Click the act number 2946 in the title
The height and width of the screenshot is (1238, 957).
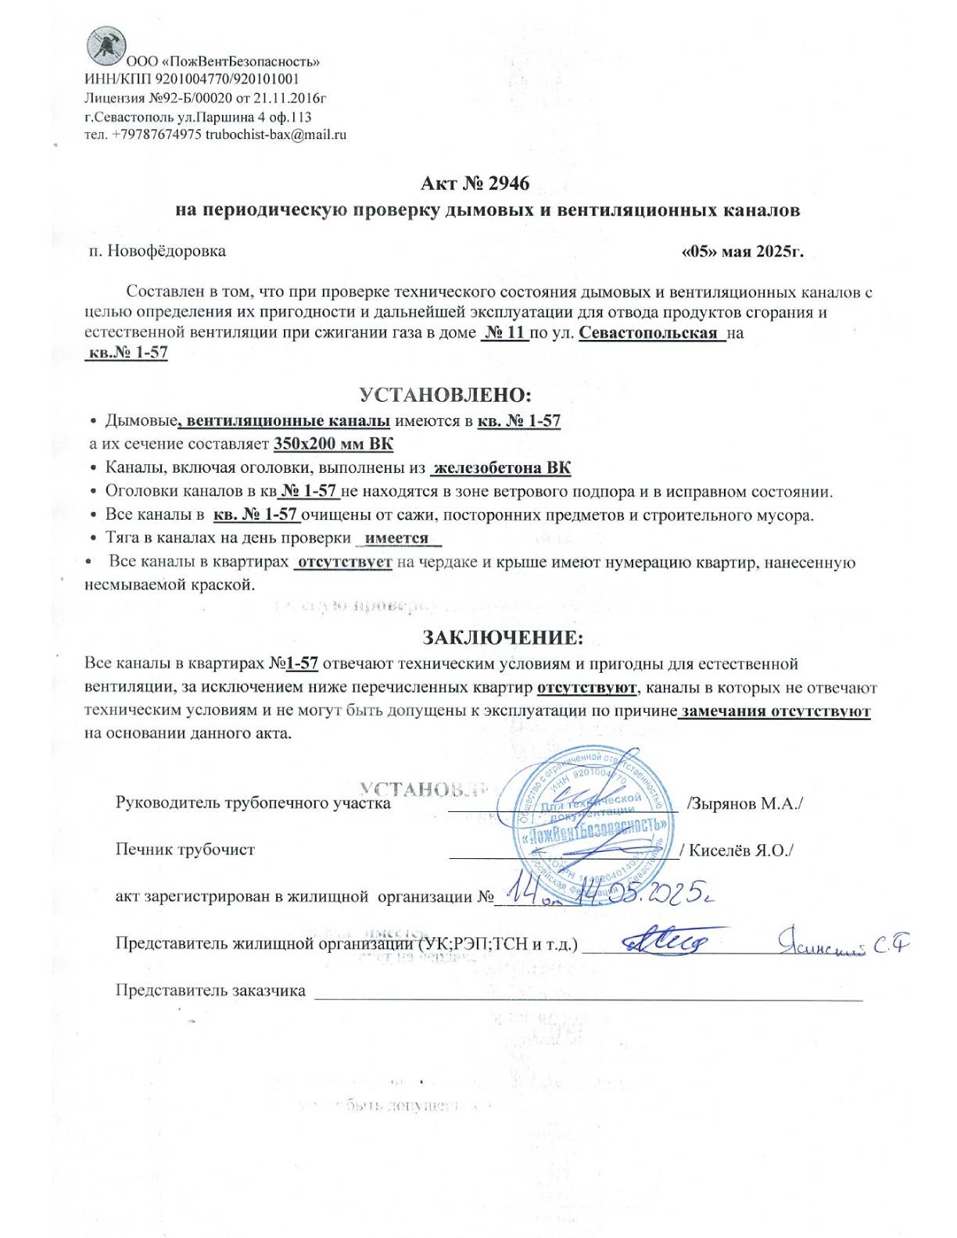pos(508,184)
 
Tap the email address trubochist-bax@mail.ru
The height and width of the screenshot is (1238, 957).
pos(276,134)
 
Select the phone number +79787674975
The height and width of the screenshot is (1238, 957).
pos(156,134)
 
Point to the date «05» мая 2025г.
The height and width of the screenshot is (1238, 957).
pos(742,252)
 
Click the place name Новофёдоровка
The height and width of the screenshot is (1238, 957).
pos(166,251)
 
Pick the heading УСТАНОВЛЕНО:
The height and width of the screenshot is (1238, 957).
pos(445,394)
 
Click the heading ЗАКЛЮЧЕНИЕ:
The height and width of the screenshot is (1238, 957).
pos(502,638)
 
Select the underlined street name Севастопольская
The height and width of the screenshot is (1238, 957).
pos(648,333)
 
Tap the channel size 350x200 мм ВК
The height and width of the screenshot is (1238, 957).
pos(333,444)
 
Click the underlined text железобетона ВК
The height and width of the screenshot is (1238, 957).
pos(501,468)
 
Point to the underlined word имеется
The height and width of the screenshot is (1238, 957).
pos(397,538)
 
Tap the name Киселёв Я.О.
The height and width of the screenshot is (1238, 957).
pos(740,850)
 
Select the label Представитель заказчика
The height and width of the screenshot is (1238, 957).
pos(210,990)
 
